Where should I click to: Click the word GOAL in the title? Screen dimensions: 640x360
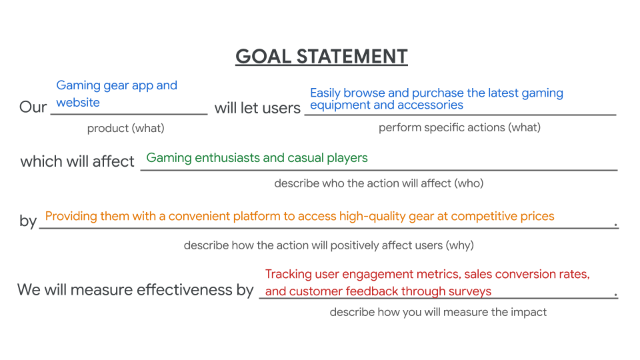tap(263, 56)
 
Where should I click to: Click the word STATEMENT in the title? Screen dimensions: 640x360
tap(352, 56)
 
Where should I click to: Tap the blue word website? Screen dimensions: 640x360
tap(78, 103)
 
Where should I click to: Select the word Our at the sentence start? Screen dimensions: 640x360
tap(33, 107)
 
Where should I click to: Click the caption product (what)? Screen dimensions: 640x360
tap(126, 128)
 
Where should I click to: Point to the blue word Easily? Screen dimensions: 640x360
tap(325, 93)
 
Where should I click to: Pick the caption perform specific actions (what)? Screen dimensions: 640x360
tap(459, 127)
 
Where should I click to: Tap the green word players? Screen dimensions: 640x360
tap(347, 158)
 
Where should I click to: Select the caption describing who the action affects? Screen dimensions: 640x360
tap(379, 183)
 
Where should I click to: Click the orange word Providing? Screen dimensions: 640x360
tap(71, 216)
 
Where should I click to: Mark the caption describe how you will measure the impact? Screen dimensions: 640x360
tap(438, 312)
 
